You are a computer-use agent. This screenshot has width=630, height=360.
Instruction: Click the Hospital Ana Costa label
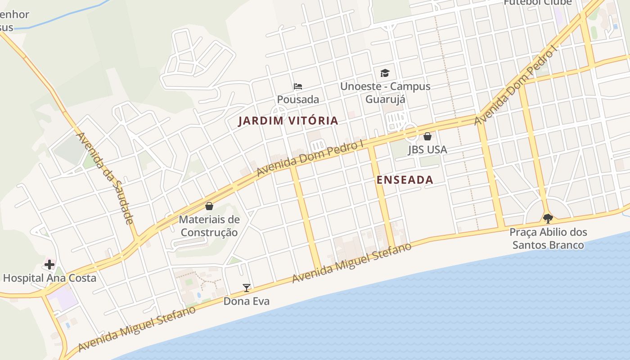(49, 278)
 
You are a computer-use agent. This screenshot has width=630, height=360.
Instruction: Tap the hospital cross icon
(49, 265)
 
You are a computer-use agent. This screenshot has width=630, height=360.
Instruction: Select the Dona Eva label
(247, 301)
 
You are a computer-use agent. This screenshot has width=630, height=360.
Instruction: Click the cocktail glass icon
(247, 288)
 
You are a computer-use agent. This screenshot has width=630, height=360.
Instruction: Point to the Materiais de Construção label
(209, 226)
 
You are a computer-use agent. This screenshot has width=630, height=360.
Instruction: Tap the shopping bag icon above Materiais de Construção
(209, 207)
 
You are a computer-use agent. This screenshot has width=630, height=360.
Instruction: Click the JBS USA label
(427, 149)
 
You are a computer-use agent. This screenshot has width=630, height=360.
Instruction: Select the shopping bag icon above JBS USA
(427, 136)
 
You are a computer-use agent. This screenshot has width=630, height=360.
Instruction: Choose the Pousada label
(298, 99)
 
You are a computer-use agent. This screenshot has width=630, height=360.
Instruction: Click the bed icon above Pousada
(298, 86)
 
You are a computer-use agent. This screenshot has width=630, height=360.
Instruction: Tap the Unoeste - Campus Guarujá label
(385, 92)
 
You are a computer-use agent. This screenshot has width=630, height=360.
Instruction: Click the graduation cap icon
(385, 73)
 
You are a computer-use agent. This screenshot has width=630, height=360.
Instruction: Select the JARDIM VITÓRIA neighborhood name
(288, 121)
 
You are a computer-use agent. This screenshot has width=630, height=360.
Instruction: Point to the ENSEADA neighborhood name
(405, 180)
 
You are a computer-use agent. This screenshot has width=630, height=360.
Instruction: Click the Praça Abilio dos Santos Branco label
(548, 238)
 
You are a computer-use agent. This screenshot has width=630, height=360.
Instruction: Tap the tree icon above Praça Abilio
(548, 219)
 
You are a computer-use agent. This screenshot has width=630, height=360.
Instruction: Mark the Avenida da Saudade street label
(105, 178)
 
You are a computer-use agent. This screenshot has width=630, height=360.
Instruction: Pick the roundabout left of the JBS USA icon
(410, 132)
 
